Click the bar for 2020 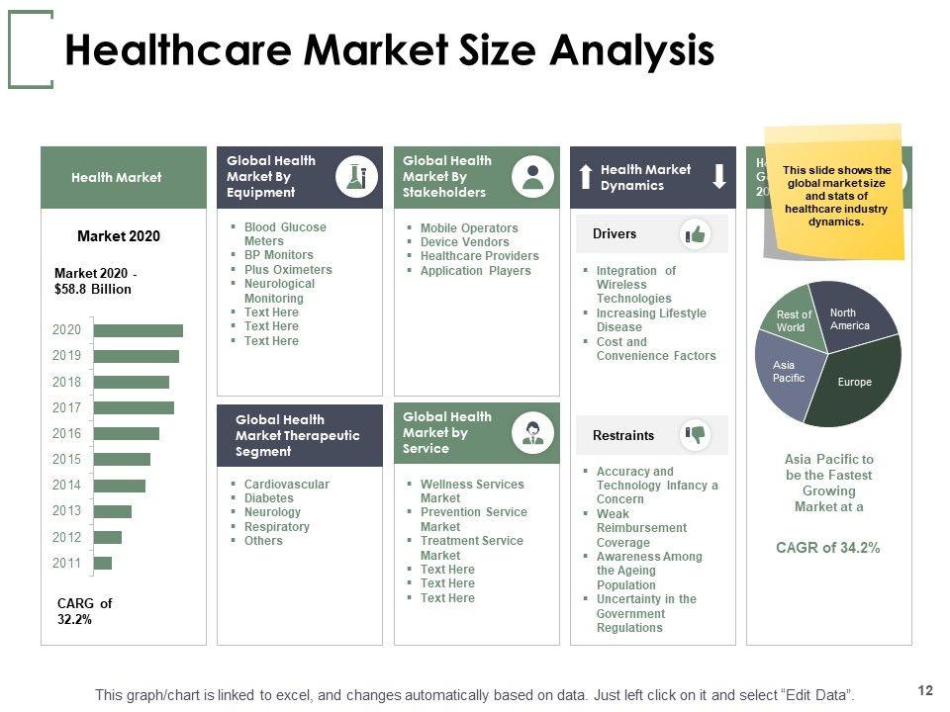tap(138, 330)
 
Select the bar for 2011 tap(103, 563)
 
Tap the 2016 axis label tap(67, 433)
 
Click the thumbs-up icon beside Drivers tap(696, 234)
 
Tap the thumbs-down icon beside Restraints tap(696, 434)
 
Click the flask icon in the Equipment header tap(356, 176)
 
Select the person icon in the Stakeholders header tap(532, 176)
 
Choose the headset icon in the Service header tap(532, 432)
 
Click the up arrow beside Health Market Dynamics tap(586, 177)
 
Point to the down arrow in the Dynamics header tap(719, 177)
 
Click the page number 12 tap(926, 690)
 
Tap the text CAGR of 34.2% tap(827, 548)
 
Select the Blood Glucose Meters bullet tap(285, 234)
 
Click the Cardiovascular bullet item tap(286, 485)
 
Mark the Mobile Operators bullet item tap(468, 228)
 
